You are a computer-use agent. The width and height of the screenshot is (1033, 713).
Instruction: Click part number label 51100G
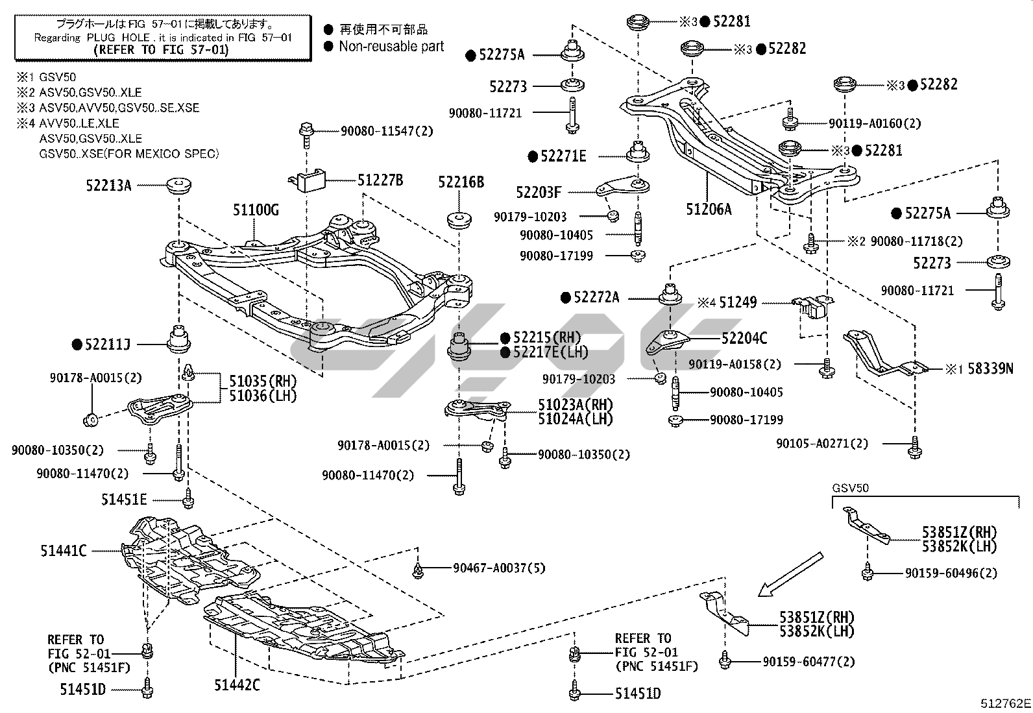(x=256, y=209)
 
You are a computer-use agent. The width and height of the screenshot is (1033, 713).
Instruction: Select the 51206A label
(x=709, y=209)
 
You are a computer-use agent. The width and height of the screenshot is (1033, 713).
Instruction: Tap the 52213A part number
(x=108, y=186)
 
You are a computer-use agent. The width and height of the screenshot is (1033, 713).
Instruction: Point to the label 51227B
(x=380, y=180)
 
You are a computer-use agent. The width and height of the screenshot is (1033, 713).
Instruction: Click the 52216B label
(x=461, y=182)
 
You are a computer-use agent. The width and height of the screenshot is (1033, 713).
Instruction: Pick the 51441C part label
(x=64, y=551)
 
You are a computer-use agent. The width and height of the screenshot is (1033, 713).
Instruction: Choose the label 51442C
(x=237, y=684)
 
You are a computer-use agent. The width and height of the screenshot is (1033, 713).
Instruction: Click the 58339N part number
(x=990, y=369)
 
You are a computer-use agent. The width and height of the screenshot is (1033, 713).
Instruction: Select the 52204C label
(x=744, y=338)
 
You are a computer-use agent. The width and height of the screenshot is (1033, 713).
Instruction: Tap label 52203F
(x=539, y=192)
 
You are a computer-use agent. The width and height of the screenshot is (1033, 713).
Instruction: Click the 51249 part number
(x=738, y=302)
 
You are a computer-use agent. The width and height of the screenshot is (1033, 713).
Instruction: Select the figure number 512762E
(x=1005, y=702)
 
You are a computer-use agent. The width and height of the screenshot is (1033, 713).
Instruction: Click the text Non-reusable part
(x=391, y=46)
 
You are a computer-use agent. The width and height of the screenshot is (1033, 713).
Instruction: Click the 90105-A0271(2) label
(x=821, y=444)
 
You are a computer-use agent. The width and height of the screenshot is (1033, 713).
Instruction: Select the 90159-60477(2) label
(x=808, y=662)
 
